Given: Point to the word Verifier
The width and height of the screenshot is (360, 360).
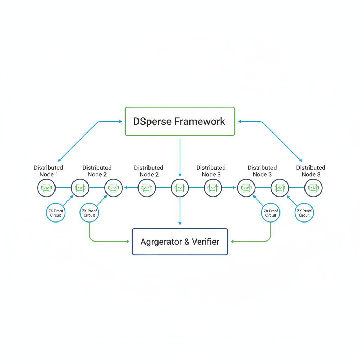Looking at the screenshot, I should [205, 242].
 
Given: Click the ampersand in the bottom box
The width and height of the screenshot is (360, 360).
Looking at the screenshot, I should [186, 242].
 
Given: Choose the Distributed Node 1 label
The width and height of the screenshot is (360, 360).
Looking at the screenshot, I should [48, 171].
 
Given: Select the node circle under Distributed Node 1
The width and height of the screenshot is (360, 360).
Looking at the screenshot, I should [47, 188].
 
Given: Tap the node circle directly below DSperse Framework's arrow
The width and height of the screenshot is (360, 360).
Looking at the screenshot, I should [180, 188].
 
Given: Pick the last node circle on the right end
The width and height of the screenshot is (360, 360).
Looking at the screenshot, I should [313, 188].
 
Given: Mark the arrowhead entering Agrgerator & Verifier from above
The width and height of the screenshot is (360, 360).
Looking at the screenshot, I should [180, 223].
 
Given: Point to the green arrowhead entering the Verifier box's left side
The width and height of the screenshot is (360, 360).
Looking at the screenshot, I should [128, 242].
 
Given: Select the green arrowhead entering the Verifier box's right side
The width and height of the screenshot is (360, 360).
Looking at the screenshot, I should [232, 242].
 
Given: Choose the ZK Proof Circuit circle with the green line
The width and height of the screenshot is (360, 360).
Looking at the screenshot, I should [89, 213].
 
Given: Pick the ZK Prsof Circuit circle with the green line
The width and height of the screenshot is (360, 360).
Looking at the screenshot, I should [271, 213].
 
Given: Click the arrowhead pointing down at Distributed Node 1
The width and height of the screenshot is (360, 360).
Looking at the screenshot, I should [60, 160].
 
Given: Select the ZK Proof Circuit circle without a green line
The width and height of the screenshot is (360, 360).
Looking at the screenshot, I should [56, 213].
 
